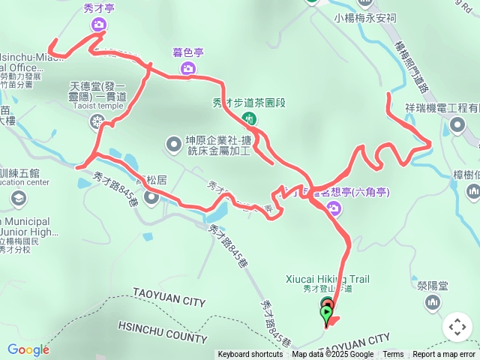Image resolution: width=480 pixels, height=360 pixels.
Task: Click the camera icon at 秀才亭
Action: [x=98, y=25]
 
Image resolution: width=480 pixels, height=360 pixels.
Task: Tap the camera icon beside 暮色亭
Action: [x=187, y=68]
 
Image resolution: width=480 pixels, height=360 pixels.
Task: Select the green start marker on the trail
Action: [x=327, y=313]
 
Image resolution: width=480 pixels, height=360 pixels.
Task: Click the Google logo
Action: [x=28, y=349]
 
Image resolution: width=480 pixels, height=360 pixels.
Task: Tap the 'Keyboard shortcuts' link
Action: [x=250, y=355]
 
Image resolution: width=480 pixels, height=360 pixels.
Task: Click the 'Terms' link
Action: [x=393, y=355]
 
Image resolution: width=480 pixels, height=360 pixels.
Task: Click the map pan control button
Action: [x=457, y=327]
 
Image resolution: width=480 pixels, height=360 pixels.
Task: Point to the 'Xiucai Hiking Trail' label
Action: [x=328, y=279]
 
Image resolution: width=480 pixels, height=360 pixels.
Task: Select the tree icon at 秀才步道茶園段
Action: [x=247, y=118]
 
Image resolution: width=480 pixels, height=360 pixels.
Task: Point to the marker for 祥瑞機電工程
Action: [x=458, y=126]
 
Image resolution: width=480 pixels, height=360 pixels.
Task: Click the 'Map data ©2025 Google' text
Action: [x=332, y=355]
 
